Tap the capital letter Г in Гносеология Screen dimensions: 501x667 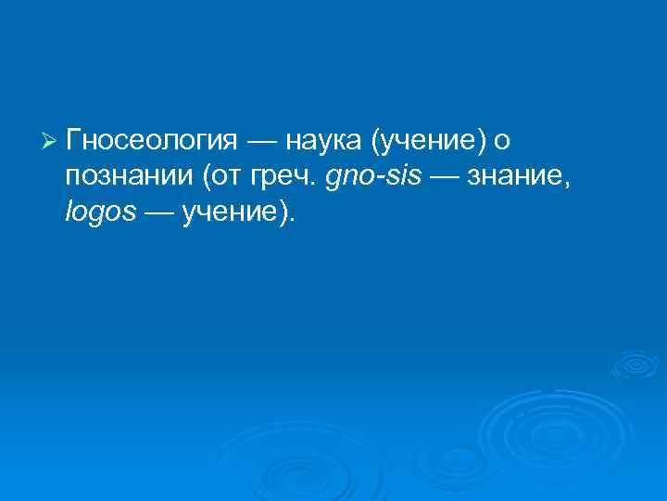click(x=74, y=140)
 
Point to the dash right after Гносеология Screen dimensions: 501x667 click(x=261, y=141)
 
